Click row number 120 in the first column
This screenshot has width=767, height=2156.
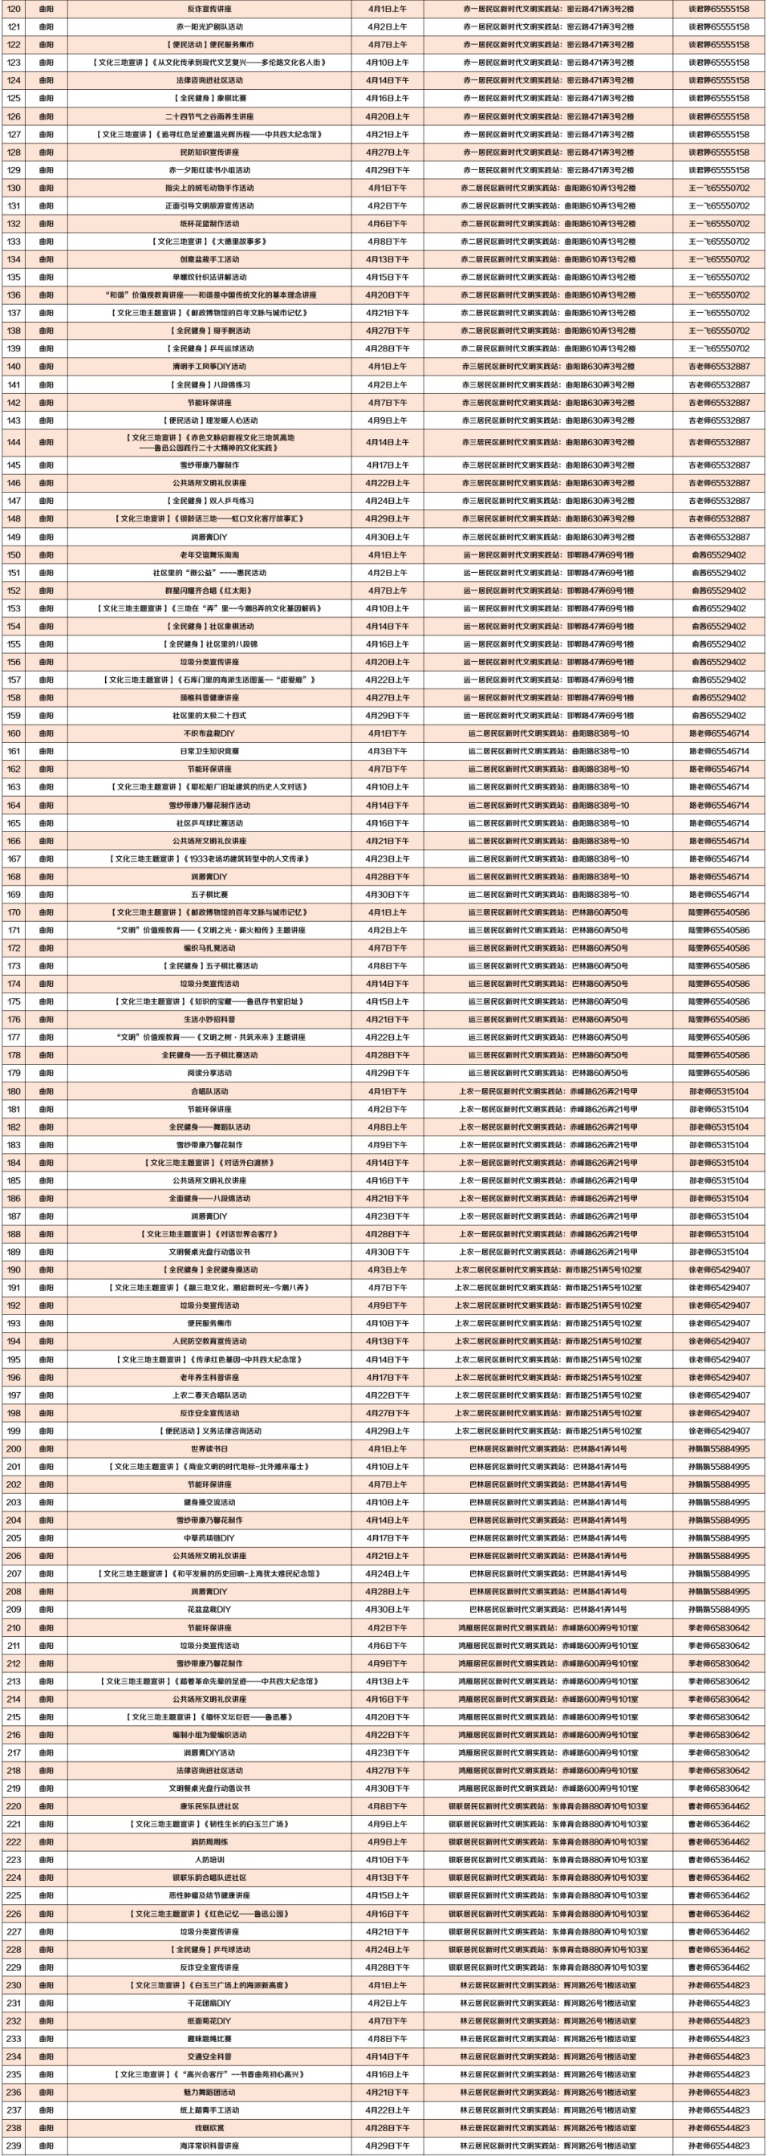14,8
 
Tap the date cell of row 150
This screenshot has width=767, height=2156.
388,555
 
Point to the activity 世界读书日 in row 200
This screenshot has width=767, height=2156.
209,1449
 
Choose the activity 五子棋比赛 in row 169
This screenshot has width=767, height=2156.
209,895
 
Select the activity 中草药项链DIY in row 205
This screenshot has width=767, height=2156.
209,1538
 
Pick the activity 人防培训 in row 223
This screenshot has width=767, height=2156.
209,1860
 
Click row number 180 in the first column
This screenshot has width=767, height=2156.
14,1091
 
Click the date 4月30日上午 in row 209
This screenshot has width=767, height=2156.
388,1610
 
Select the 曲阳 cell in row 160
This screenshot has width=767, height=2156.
46,733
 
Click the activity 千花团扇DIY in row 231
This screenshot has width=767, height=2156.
209,2003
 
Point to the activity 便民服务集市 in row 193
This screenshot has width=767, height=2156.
209,1323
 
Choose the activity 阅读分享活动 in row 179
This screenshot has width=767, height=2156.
209,1073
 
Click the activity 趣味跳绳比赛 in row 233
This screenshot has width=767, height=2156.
209,2039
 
